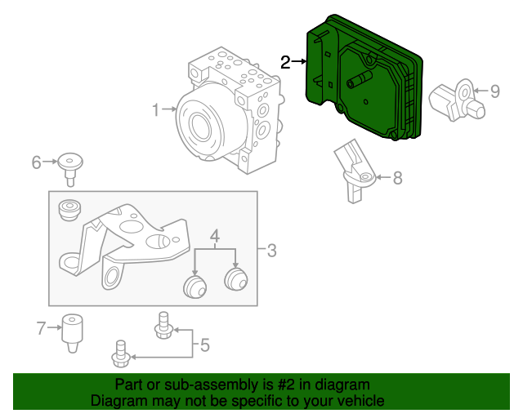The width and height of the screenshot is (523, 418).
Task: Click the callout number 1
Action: click(156, 108)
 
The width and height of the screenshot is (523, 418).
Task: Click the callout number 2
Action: click(285, 62)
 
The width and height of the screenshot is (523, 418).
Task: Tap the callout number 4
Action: click(215, 238)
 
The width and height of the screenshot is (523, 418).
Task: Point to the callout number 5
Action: click(204, 345)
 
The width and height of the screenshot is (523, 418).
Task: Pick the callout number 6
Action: click(36, 162)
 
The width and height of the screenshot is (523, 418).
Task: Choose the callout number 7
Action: click(42, 329)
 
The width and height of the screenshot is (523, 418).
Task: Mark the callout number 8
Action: click(398, 177)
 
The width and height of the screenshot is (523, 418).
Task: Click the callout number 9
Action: click(494, 91)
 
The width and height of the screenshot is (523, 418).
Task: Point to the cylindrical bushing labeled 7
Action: click(74, 331)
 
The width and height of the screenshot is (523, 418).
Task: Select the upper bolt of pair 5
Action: click(163, 325)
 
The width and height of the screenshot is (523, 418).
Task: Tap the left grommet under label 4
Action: click(194, 286)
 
